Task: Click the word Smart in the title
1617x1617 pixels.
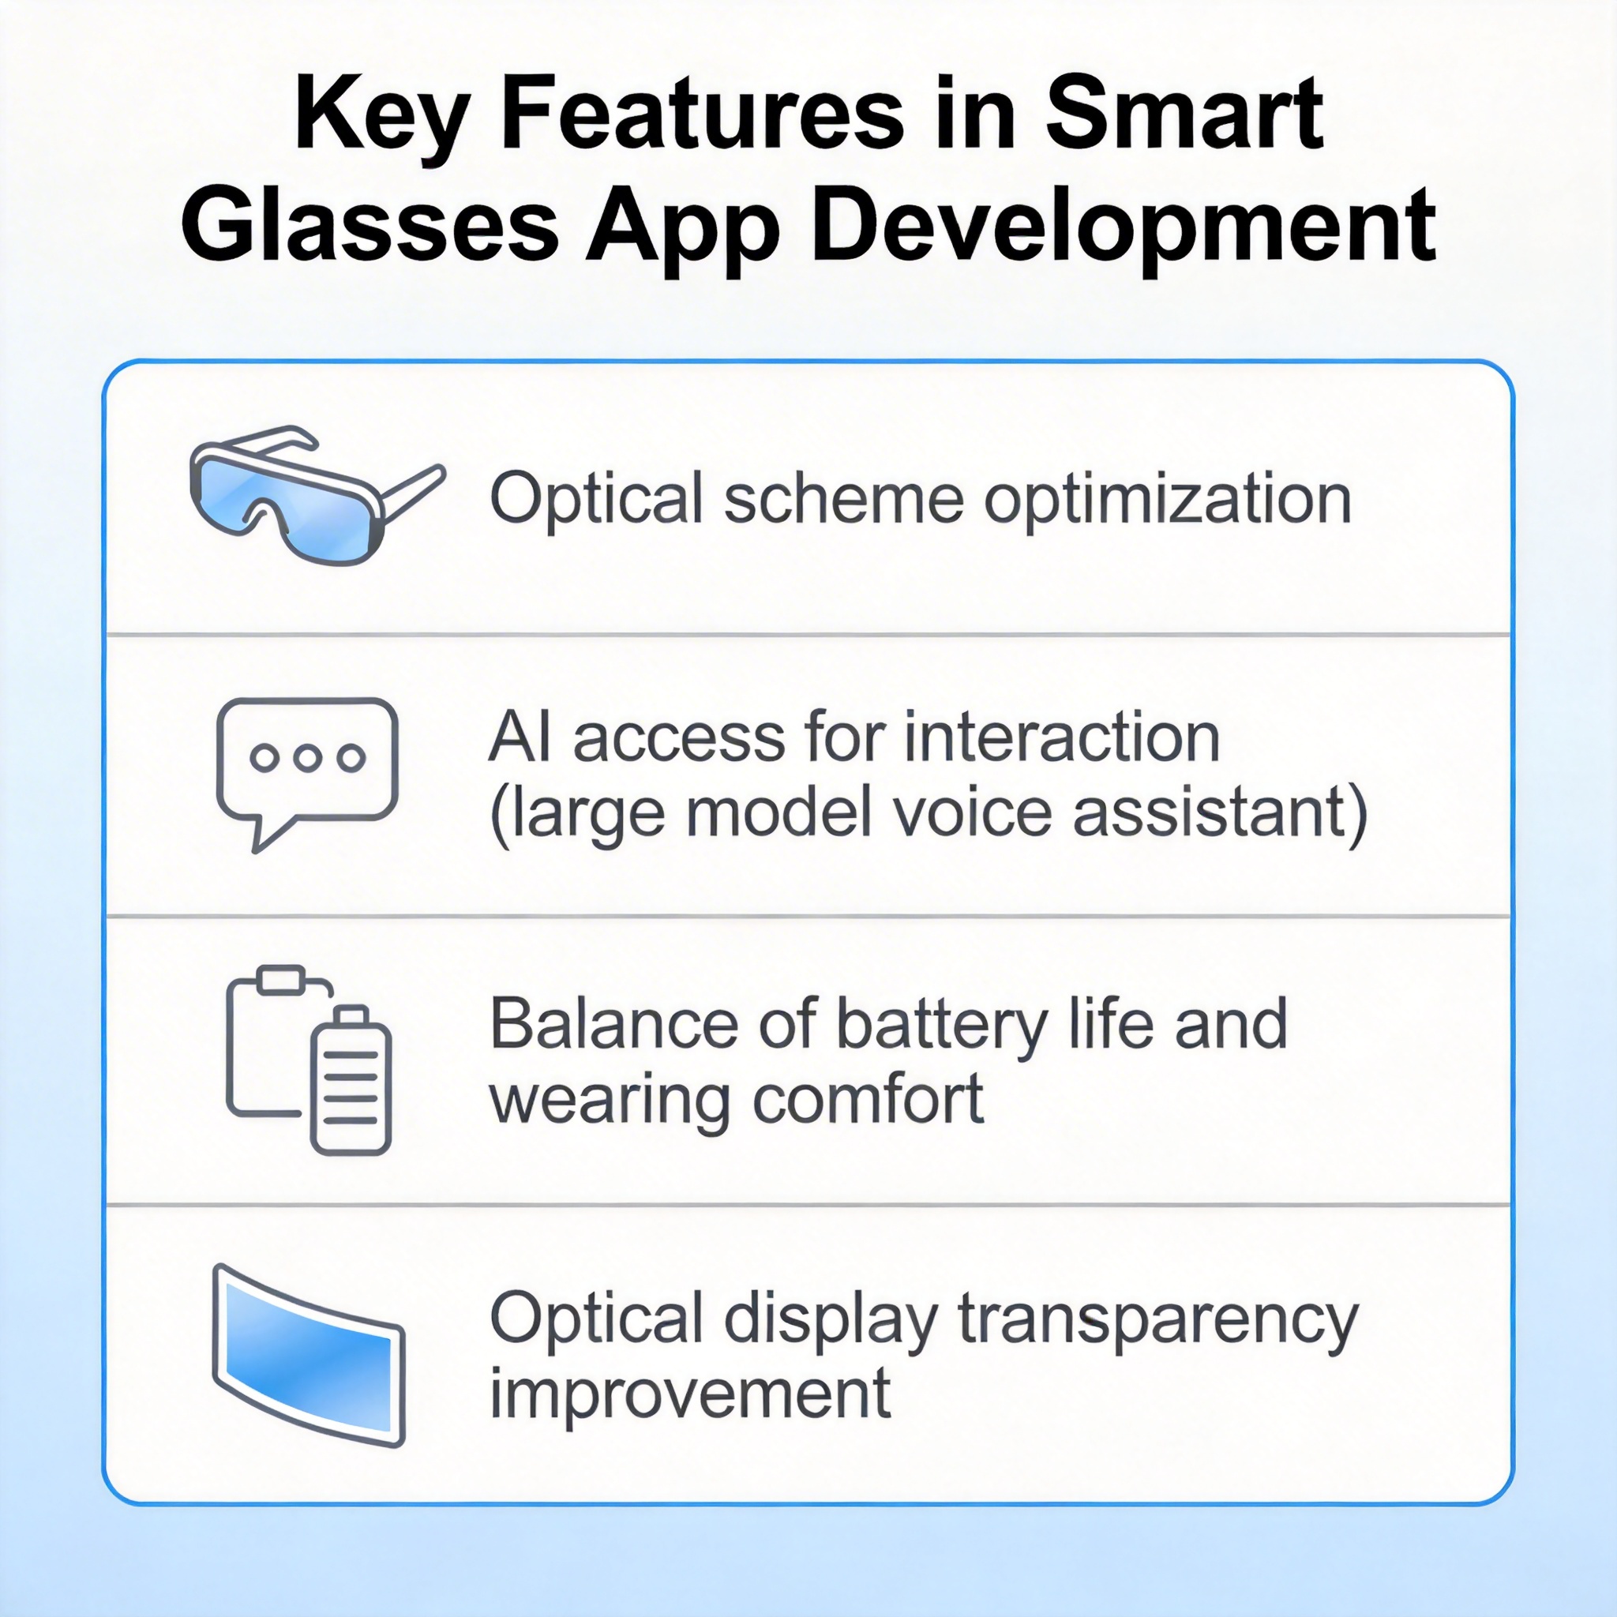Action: tap(1184, 113)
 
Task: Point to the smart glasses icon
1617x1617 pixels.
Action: tap(318, 494)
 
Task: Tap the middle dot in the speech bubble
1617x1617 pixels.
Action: tap(307, 757)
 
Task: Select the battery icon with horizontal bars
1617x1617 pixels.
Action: tap(351, 1079)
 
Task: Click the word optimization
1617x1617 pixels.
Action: tap(1168, 501)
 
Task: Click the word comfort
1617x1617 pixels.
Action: tap(869, 1101)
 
